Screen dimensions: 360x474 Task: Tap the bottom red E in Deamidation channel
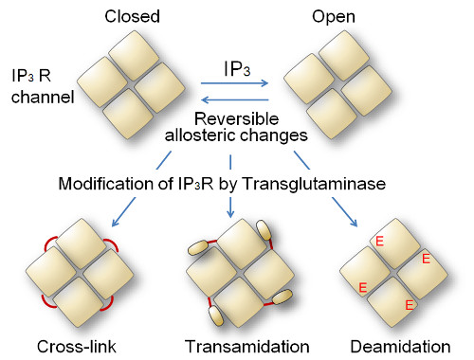[x=409, y=305]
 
